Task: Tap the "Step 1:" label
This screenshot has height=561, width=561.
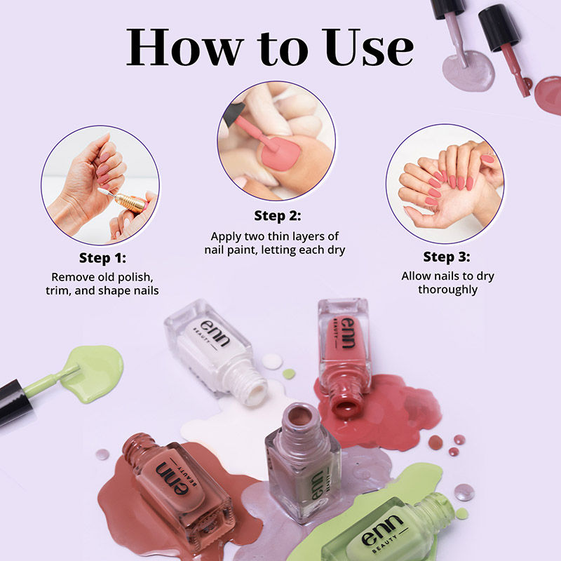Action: click(102, 257)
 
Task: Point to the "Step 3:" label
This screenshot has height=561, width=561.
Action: click(447, 256)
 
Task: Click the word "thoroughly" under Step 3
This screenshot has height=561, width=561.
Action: click(447, 289)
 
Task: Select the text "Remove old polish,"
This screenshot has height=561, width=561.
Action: click(103, 277)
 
